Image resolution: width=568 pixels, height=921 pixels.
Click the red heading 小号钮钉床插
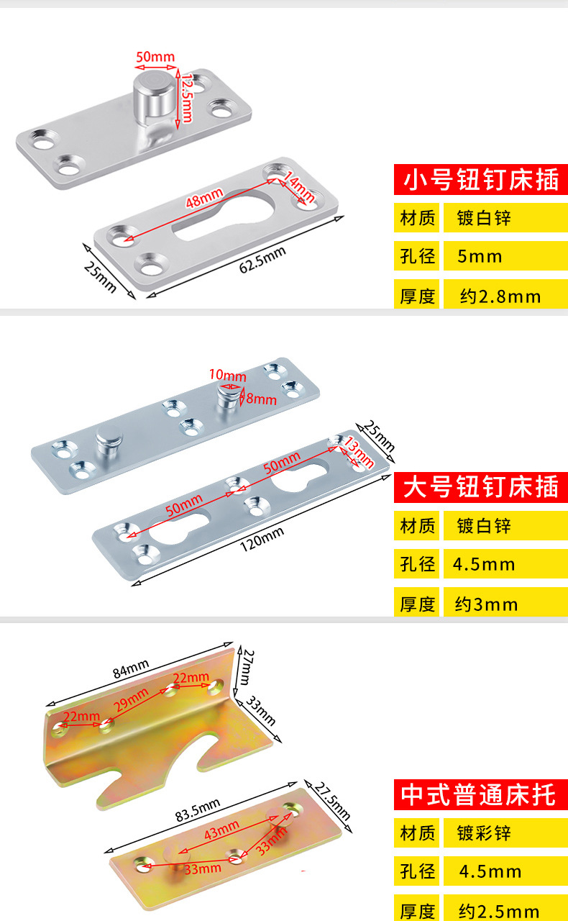coord(480,179)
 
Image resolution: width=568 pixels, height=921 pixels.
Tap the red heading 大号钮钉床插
coord(480,488)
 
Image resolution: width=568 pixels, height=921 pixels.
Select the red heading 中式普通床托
coord(480,795)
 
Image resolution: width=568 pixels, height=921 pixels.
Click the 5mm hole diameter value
coord(480,257)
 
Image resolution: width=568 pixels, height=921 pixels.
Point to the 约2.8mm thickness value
coord(500,296)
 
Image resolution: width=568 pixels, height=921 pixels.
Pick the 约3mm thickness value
coord(486,604)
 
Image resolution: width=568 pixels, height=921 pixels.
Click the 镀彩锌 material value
coord(484,834)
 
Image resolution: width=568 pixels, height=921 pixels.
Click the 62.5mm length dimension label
coord(262,259)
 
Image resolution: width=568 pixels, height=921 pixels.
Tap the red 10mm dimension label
coord(227,375)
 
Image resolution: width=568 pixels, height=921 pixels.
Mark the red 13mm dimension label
coord(359,452)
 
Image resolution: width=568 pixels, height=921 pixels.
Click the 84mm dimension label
coord(130,670)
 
